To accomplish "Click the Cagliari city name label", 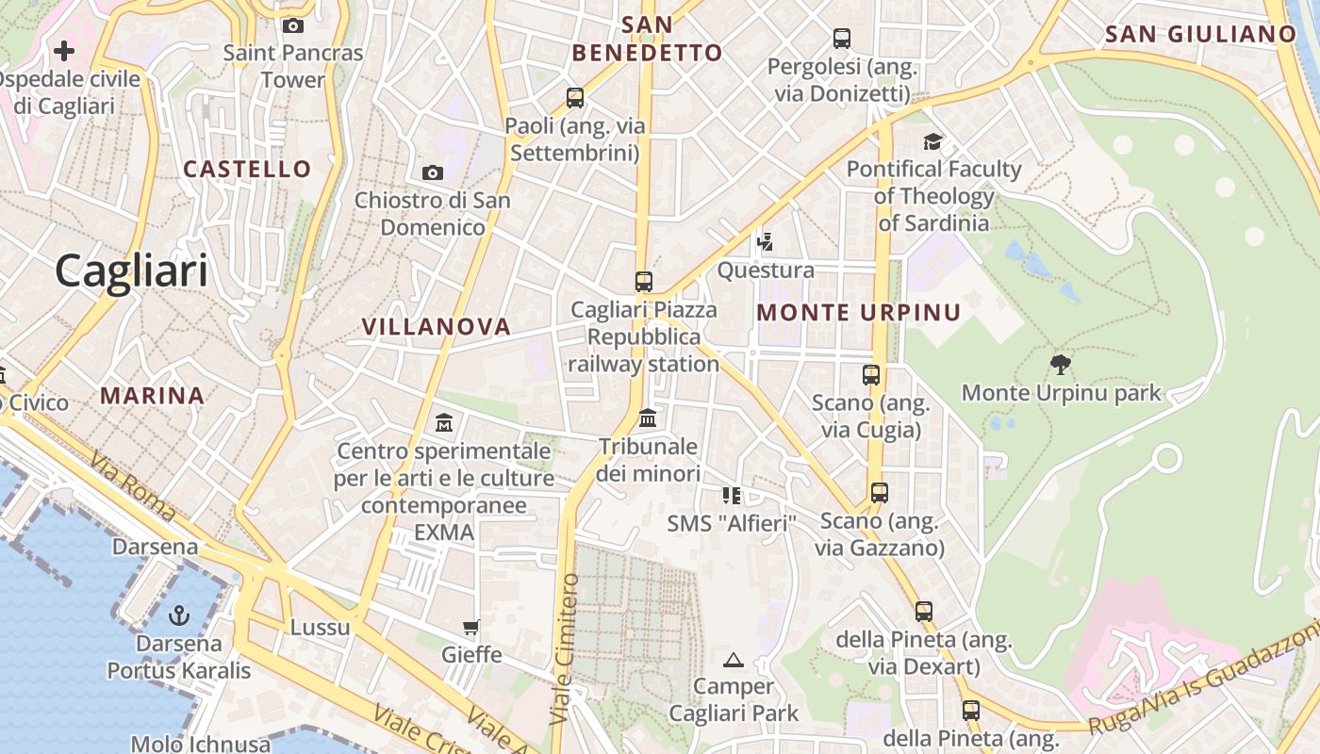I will [131, 271].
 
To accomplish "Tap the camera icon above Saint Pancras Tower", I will [293, 25].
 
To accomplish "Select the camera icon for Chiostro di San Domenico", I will [433, 172].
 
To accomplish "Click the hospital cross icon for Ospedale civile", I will [64, 50].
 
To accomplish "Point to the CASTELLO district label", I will [247, 170].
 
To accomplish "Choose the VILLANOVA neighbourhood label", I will [437, 327].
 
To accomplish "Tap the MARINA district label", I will [153, 396].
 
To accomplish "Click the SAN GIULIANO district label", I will [1200, 35].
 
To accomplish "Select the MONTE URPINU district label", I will [859, 313].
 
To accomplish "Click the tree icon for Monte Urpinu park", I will [1061, 365].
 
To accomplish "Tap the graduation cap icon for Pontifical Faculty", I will [932, 141].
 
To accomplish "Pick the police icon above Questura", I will [765, 242].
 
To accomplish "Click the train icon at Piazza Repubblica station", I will [644, 281].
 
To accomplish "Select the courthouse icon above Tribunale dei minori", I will [648, 418].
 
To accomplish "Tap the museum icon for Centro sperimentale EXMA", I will [443, 422].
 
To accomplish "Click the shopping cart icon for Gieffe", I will [470, 627].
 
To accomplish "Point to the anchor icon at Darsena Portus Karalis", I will [178, 615].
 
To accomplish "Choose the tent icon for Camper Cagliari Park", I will [734, 660].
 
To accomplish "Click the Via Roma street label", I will [133, 484].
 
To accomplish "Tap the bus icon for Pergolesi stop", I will [842, 39].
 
